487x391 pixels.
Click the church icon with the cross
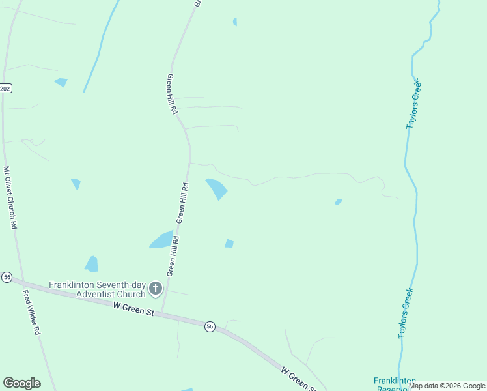(x=156, y=288)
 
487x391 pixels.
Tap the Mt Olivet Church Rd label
(x=10, y=197)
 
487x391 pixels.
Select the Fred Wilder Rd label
(x=31, y=313)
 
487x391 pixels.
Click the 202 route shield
(x=5, y=88)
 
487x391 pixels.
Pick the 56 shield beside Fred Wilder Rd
(x=7, y=277)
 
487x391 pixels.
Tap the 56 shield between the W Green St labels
(x=210, y=326)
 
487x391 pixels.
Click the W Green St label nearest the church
(x=133, y=309)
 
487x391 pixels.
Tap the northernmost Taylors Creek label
(x=413, y=104)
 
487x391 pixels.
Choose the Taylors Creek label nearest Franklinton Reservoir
(x=406, y=313)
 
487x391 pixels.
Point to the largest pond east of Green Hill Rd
(x=217, y=188)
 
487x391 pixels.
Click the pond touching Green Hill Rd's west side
(x=162, y=240)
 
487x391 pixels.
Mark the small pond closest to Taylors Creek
(x=339, y=202)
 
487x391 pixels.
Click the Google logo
(x=21, y=383)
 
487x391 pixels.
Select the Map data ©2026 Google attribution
(x=447, y=386)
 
